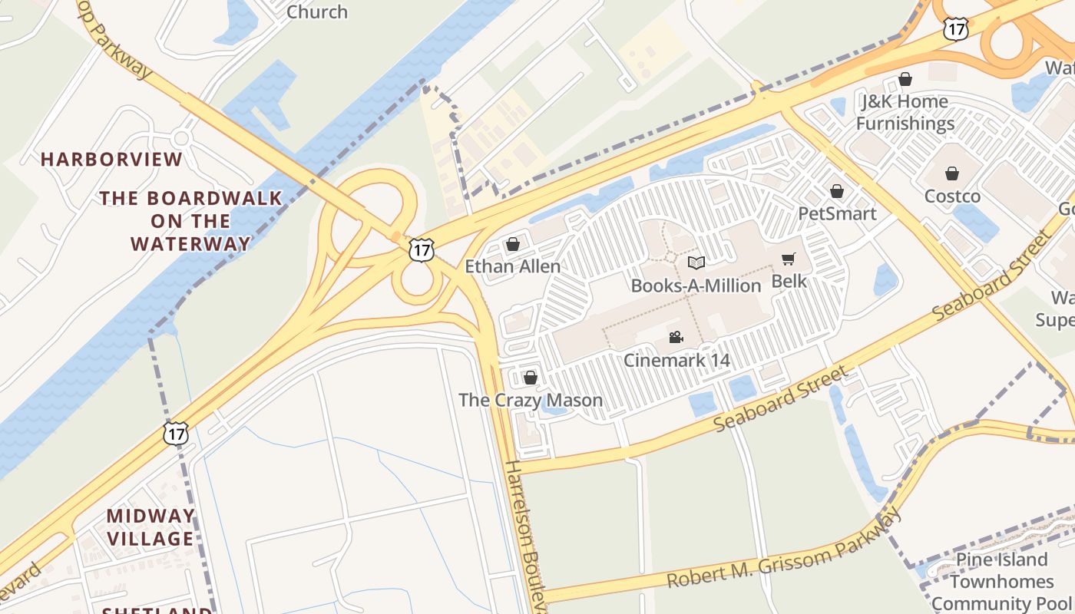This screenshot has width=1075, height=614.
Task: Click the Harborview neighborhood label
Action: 111,160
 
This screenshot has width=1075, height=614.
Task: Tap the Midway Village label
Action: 150,527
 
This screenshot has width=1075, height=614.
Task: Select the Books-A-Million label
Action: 696,286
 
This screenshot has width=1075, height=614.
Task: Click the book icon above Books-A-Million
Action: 696,262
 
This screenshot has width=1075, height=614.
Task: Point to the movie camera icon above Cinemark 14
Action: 676,337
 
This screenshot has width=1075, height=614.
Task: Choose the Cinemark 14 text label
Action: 676,360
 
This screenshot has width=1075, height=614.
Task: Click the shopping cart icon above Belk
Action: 789,259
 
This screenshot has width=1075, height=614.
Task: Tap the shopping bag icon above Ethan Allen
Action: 513,244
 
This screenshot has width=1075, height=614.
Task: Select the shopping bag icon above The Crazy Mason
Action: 530,378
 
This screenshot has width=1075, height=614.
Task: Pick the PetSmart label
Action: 837,213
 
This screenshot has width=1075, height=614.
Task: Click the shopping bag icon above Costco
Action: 952,173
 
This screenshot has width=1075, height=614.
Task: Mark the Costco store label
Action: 952,196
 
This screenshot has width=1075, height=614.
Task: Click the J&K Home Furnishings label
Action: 905,112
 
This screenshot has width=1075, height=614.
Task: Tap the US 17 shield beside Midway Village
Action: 176,433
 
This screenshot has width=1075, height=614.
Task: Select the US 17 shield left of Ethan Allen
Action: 421,249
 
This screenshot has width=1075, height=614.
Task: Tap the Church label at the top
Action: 316,12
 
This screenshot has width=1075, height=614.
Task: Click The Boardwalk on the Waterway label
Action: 190,221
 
